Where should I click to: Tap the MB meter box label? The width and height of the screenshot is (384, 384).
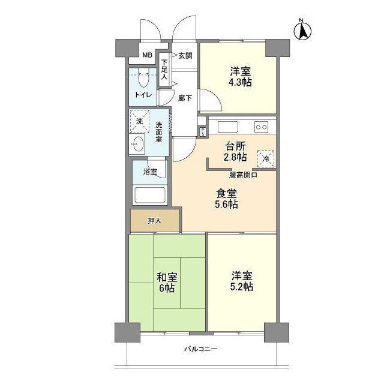point(147,56)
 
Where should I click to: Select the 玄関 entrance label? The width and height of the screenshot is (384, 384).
point(185,56)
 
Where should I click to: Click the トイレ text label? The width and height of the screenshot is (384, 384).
point(143,95)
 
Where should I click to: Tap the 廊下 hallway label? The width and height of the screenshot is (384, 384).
point(185,98)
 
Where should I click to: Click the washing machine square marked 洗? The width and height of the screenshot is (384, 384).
point(140,122)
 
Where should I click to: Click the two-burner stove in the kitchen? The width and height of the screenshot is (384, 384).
point(261,127)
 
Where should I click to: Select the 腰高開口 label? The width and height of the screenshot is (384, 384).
point(243,175)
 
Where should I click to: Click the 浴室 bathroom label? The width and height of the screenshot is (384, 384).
point(150,172)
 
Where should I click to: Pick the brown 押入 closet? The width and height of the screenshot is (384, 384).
point(155,221)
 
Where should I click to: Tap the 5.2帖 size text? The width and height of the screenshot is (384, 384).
point(242,287)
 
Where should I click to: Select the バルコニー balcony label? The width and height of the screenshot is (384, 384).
point(201,350)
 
